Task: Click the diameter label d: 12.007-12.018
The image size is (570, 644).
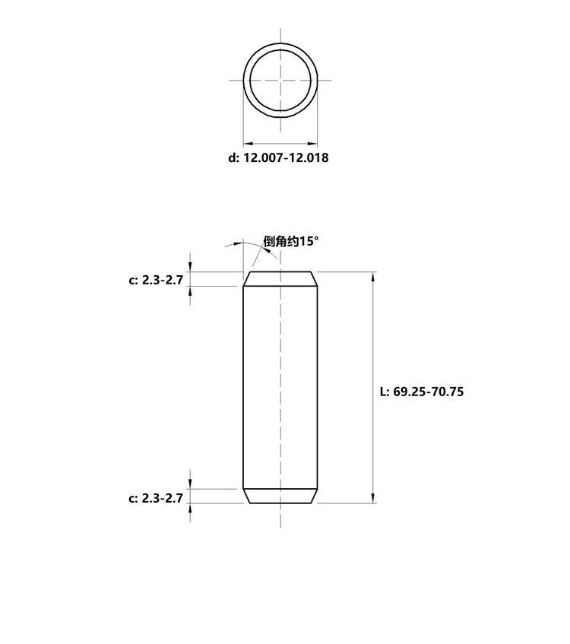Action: click(x=278, y=157)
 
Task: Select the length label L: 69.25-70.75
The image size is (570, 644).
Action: click(x=421, y=392)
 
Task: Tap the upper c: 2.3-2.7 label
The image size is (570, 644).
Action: click(x=156, y=280)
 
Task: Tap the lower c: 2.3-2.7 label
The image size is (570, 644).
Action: click(x=156, y=498)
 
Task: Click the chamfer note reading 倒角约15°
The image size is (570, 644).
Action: click(x=291, y=241)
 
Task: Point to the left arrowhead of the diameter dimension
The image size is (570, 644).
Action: click(x=248, y=144)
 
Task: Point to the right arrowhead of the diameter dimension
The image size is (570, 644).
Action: click(x=312, y=144)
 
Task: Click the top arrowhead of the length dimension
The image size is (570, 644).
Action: click(x=373, y=277)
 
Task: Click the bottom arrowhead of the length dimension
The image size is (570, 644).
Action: click(x=373, y=498)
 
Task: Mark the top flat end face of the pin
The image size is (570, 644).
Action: click(x=280, y=272)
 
